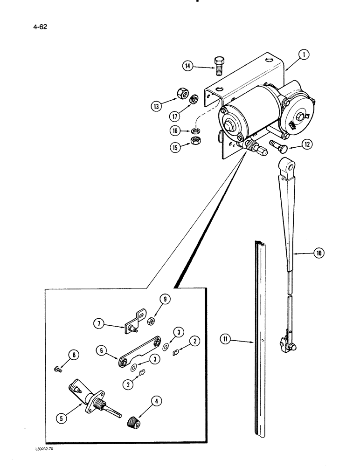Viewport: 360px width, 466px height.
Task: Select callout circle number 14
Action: point(188,67)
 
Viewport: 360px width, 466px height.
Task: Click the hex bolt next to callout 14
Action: point(219,66)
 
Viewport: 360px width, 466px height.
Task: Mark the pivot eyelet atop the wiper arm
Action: point(286,165)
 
